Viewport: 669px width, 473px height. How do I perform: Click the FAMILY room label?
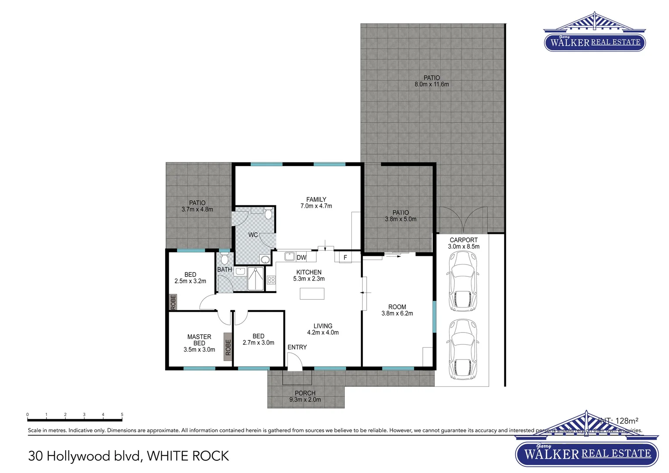click(316, 199)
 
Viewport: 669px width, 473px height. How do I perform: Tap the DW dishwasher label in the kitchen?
click(301, 258)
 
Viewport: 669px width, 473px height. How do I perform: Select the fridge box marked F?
click(345, 257)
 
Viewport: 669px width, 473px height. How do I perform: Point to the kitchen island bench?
click(312, 293)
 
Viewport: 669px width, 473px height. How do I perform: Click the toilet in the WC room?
click(268, 214)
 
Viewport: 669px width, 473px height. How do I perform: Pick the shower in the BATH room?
click(255, 279)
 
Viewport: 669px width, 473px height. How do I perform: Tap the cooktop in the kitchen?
click(271, 279)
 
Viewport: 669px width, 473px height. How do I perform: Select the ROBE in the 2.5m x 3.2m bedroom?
click(173, 302)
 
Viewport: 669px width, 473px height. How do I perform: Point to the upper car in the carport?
click(463, 281)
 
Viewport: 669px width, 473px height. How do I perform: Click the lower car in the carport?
click(463, 349)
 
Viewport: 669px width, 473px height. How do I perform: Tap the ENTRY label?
click(297, 347)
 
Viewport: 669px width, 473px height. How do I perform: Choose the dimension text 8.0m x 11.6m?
click(432, 85)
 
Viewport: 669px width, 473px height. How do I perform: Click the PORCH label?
click(305, 393)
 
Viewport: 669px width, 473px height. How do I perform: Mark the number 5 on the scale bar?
click(122, 414)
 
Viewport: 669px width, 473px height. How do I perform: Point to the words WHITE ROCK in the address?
click(188, 456)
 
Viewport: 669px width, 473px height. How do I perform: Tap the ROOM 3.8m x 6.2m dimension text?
click(397, 314)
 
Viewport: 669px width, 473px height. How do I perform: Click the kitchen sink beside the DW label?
click(290, 256)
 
